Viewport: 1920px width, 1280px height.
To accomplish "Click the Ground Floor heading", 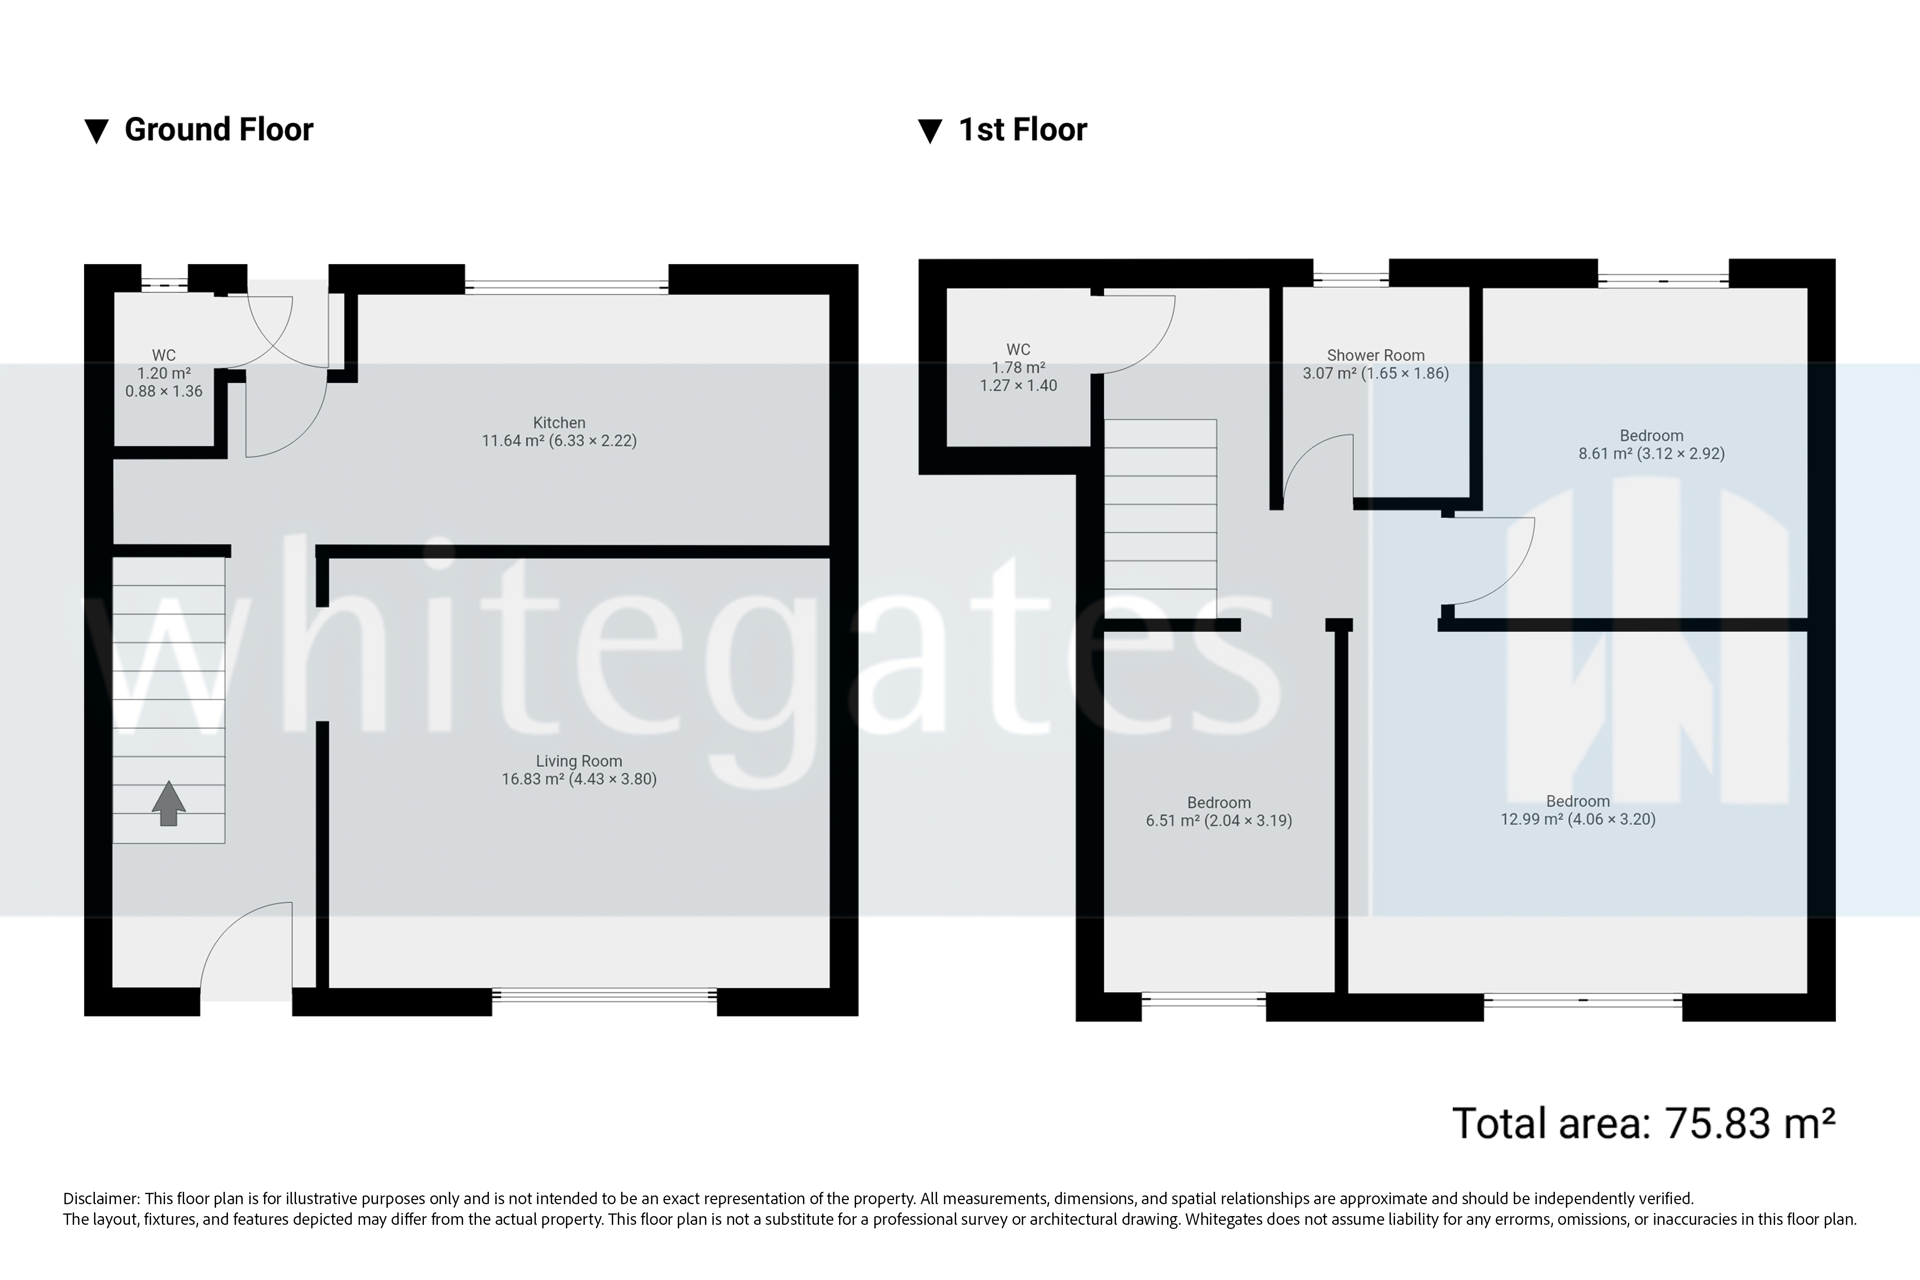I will tap(218, 130).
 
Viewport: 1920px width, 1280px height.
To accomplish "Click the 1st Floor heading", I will tap(1022, 130).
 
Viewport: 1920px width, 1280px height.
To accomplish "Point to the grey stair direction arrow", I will tap(168, 803).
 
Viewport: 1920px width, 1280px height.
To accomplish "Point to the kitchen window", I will tap(567, 286).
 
